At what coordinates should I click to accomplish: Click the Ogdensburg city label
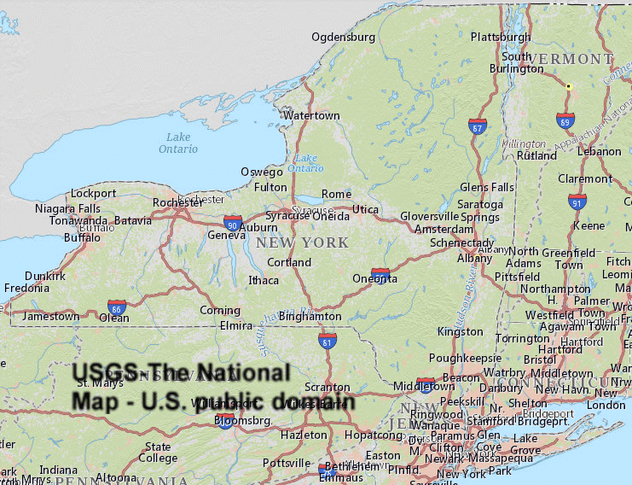[343, 37]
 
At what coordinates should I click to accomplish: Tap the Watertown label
[311, 115]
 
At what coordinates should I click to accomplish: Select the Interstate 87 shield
[478, 127]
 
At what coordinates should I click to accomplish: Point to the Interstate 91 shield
[577, 202]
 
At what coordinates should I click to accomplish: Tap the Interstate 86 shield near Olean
[117, 307]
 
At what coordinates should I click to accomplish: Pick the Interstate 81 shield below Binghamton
[328, 342]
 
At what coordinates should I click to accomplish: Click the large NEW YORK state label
[302, 242]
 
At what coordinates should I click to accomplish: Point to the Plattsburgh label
[501, 37]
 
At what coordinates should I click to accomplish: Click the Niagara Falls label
[67, 208]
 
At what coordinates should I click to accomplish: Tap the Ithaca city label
[263, 280]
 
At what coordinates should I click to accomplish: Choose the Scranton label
[328, 386]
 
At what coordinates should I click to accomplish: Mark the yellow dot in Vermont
[568, 86]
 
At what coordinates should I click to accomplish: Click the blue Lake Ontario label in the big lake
[178, 143]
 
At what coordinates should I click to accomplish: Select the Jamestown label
[50, 316]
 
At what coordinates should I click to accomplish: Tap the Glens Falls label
[487, 187]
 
